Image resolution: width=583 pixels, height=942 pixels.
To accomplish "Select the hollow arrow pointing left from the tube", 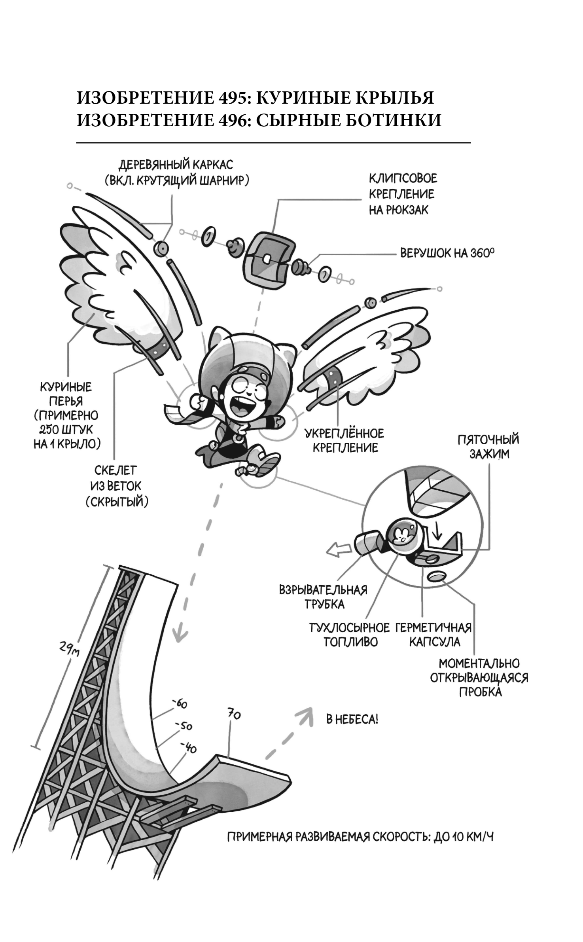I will (x=339, y=550).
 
